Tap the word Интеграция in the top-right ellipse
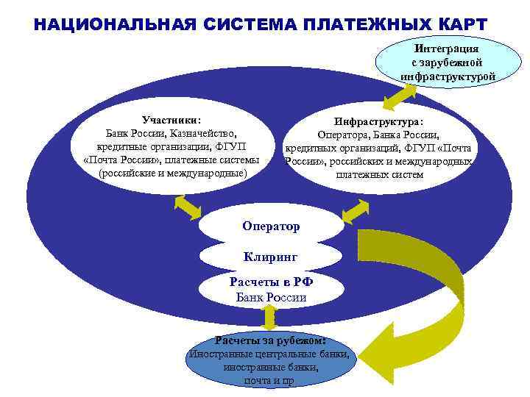coord(447,47)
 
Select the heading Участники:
coord(171,120)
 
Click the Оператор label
coord(271,226)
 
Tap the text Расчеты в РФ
coord(271,282)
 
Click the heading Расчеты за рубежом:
coord(269,340)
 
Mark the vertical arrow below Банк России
coord(269,318)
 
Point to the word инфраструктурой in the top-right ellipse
coord(448,76)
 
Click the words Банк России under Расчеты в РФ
coord(271,298)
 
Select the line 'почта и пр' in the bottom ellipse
coord(269,381)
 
